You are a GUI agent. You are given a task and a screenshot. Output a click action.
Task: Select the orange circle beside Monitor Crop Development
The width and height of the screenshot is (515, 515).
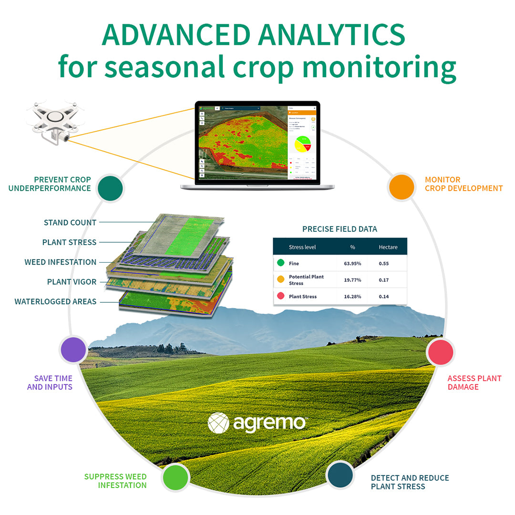[x=402, y=187]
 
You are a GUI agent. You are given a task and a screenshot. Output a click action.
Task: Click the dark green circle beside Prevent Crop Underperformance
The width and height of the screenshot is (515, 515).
[x=111, y=188]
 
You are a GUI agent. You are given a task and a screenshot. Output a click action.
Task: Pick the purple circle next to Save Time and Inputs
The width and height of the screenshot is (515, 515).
[x=73, y=349]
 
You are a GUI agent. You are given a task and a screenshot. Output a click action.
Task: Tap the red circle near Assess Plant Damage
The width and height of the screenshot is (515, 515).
[x=440, y=352]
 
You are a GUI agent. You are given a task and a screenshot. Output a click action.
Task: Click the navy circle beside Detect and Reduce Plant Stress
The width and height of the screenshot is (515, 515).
[x=340, y=474]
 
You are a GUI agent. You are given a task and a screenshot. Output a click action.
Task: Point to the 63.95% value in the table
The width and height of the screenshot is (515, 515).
[x=352, y=263]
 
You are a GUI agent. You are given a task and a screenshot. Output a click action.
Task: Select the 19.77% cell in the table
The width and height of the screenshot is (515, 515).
[x=352, y=280]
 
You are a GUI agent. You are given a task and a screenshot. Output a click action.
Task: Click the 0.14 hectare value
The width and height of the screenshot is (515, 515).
[x=383, y=297]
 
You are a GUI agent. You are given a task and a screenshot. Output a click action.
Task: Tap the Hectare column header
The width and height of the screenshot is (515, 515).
[x=388, y=247]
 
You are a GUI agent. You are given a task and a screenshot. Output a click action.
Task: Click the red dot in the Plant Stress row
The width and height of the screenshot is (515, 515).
[x=281, y=296]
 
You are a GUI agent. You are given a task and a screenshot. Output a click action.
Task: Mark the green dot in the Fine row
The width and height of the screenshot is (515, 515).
[x=281, y=263]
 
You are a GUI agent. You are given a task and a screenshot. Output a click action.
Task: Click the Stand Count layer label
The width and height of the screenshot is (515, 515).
[x=70, y=223]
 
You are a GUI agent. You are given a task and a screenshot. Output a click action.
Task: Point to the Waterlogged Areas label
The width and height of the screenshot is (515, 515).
[x=55, y=302]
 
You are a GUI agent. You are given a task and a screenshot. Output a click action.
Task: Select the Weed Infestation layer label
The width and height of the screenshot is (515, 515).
[x=61, y=262]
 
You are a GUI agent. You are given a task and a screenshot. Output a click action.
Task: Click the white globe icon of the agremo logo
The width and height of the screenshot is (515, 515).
[x=218, y=423]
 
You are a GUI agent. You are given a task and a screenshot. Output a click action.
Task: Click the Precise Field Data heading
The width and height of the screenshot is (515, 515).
[x=340, y=229]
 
